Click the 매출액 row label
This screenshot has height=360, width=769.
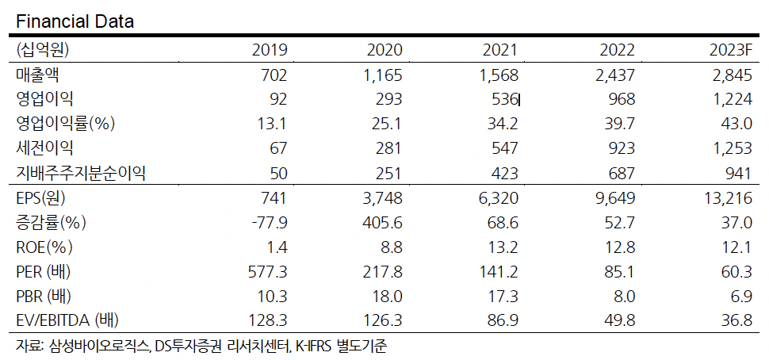38,75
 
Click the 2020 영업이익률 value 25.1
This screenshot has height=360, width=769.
388,124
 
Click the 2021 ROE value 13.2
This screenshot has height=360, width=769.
502,247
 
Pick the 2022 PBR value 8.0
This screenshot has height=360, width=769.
622,297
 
